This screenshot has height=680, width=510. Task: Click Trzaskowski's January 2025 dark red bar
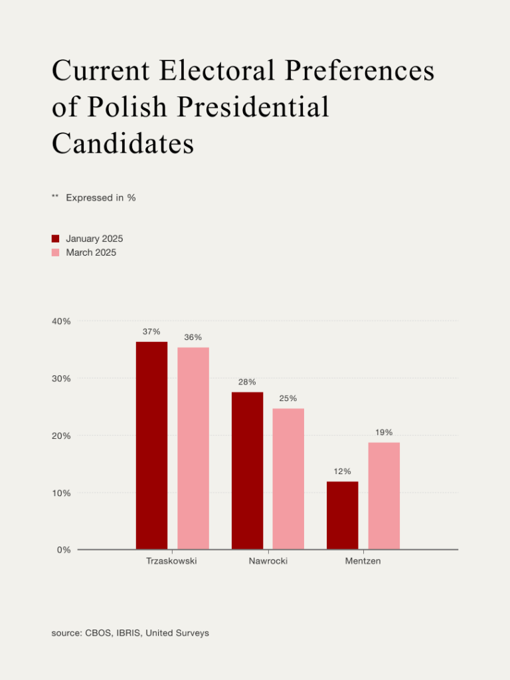(x=151, y=445)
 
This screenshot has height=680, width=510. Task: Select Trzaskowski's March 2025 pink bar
(x=193, y=448)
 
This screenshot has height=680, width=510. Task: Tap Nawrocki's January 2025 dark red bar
(x=247, y=470)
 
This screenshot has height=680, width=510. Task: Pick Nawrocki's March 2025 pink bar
(x=288, y=479)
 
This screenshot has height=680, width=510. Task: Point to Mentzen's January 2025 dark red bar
(x=343, y=515)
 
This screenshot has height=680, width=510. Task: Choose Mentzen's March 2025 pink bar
(x=384, y=495)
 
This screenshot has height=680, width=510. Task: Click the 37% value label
(x=151, y=331)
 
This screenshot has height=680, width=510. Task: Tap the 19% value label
(x=384, y=432)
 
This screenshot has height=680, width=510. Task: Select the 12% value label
(x=343, y=471)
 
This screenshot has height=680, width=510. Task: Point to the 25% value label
(x=288, y=398)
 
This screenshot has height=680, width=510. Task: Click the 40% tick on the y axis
(x=62, y=321)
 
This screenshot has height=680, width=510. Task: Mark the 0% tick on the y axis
(x=64, y=550)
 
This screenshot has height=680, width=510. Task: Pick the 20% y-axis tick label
(x=62, y=436)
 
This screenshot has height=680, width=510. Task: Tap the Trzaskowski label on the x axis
(x=171, y=562)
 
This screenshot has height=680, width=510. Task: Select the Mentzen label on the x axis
(x=363, y=562)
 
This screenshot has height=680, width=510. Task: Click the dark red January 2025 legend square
(x=56, y=238)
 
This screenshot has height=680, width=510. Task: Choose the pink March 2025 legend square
(x=56, y=253)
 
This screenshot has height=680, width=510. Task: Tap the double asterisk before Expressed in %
(x=55, y=197)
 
